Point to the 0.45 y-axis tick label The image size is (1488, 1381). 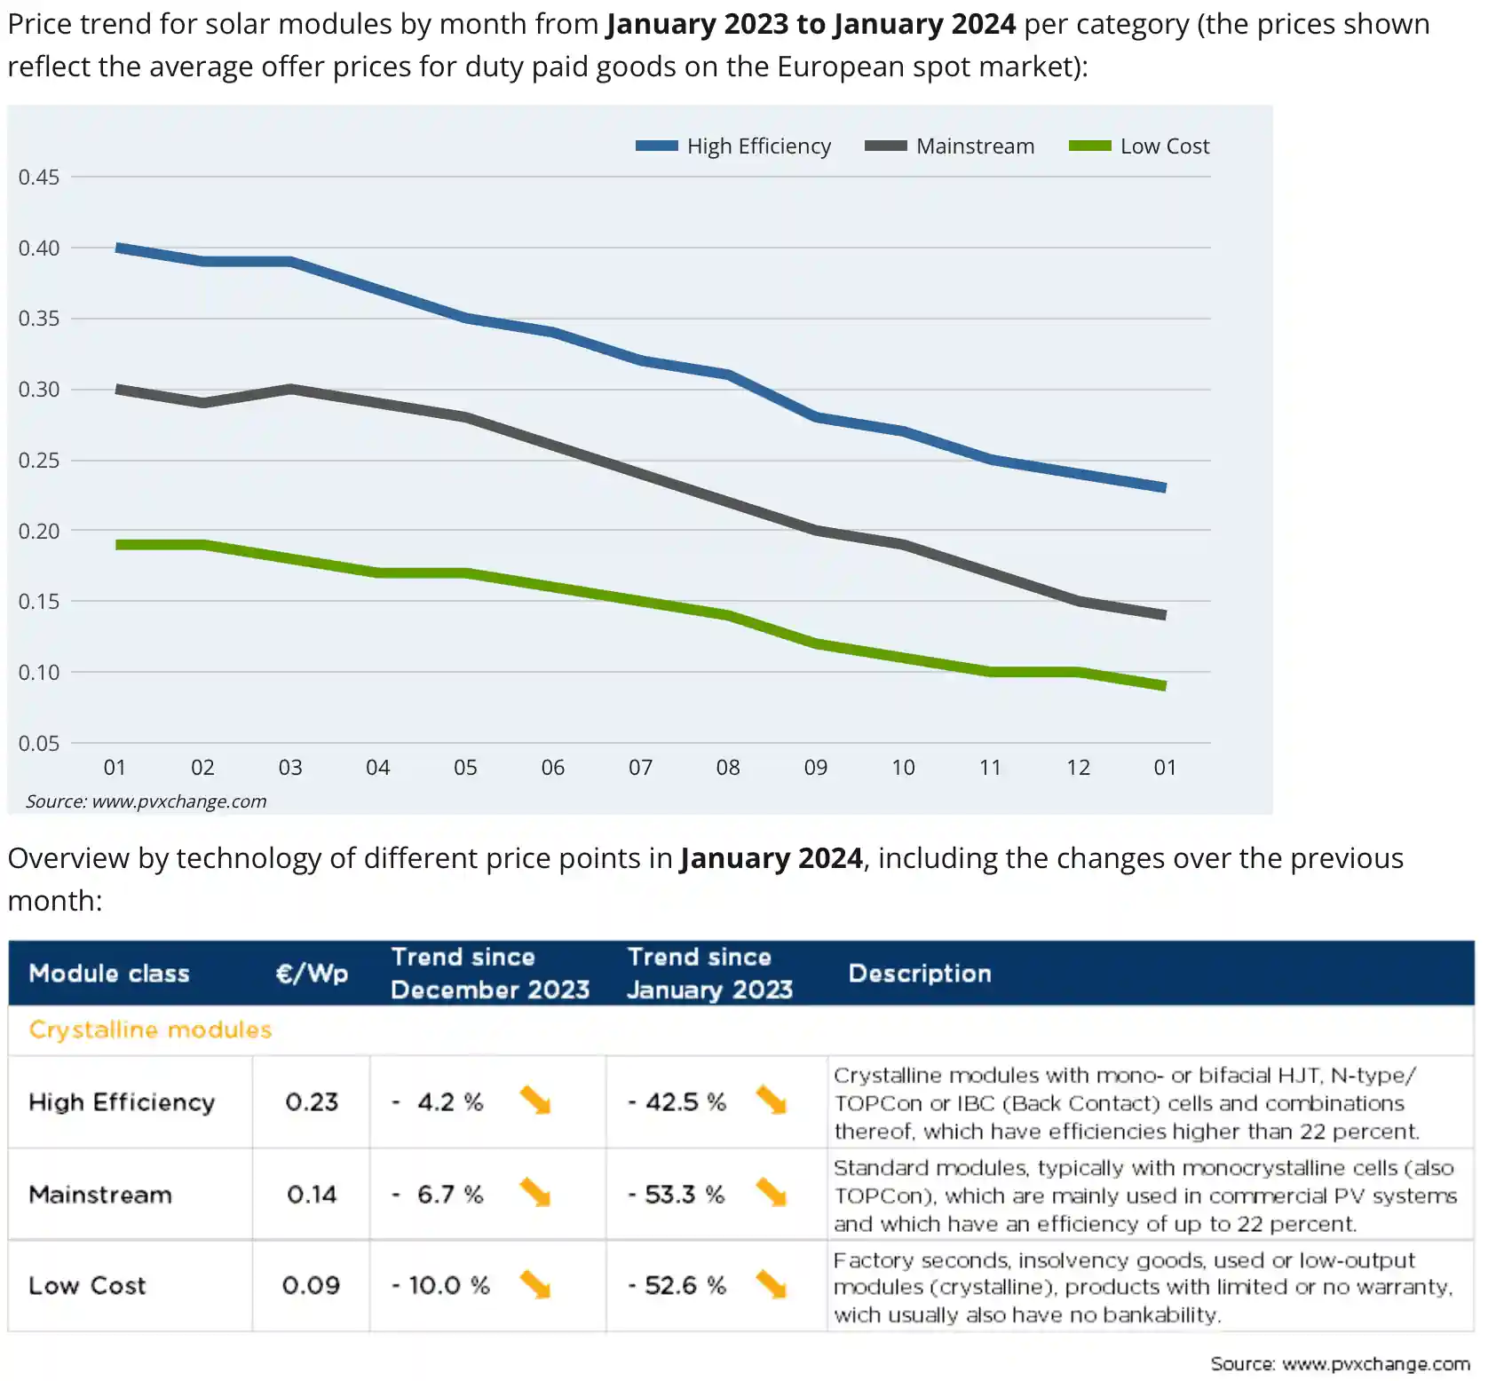[39, 177]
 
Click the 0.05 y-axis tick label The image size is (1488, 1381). [39, 743]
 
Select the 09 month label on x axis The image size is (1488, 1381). [815, 768]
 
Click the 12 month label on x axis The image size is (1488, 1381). [1078, 768]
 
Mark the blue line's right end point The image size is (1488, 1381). [1164, 487]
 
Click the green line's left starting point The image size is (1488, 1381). [118, 544]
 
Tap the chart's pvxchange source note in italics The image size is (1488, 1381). [146, 801]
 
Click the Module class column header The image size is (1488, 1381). [109, 974]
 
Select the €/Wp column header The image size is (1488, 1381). [312, 974]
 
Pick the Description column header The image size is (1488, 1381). [920, 974]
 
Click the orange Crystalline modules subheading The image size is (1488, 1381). [150, 1030]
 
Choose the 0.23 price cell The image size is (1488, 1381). [312, 1102]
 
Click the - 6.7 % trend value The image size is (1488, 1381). [439, 1195]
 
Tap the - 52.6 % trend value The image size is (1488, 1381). [677, 1285]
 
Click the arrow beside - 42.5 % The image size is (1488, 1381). [771, 1101]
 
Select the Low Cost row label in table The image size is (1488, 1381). [87, 1285]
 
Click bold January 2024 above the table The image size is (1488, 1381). [771, 858]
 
